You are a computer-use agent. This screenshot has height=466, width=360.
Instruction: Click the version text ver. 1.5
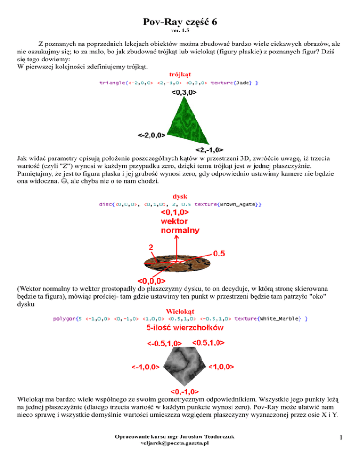click(x=180, y=32)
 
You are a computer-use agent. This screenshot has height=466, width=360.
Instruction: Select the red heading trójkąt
click(x=180, y=75)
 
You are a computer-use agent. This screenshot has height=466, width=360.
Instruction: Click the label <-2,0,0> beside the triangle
click(x=151, y=136)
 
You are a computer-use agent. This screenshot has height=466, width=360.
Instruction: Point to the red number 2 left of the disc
click(x=151, y=246)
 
